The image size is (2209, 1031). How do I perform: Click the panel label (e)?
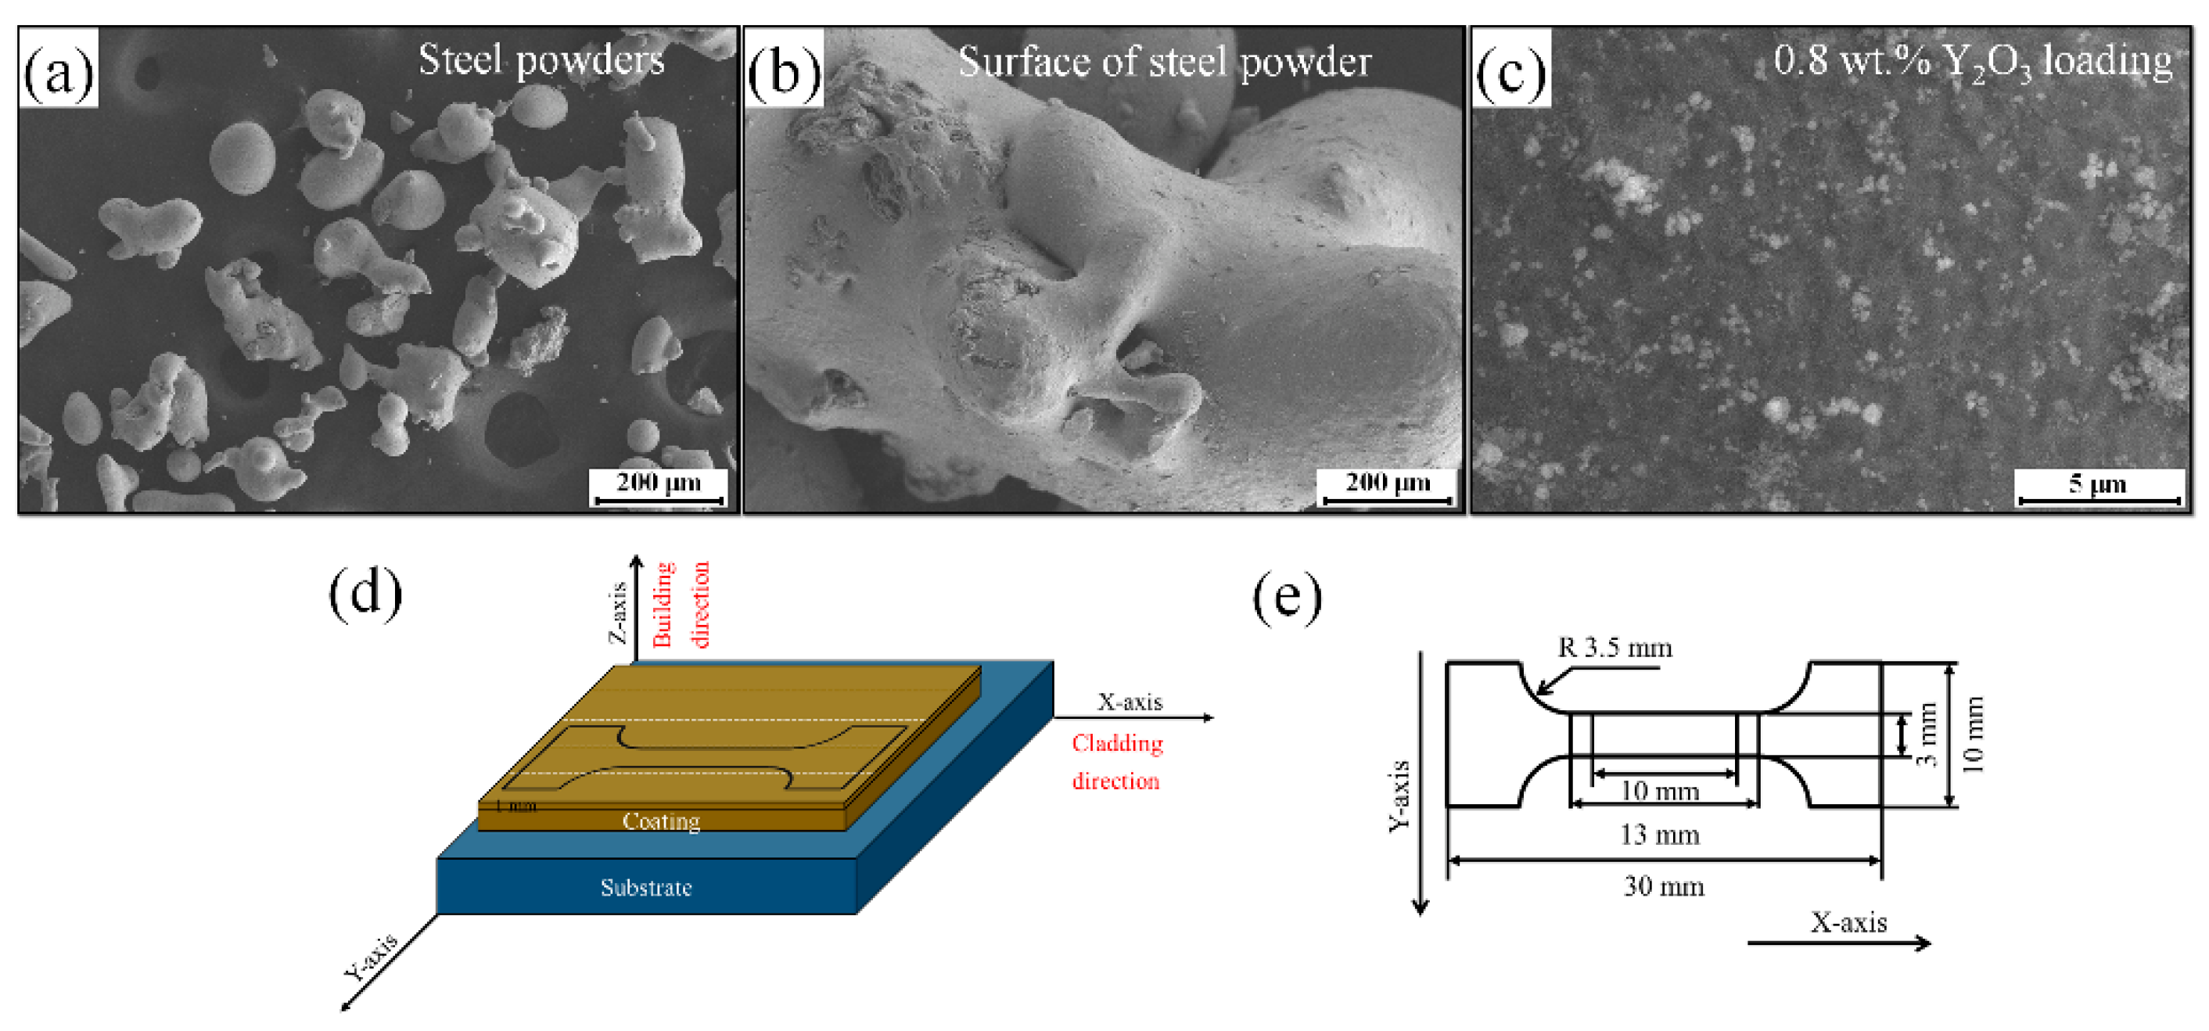coord(1288,596)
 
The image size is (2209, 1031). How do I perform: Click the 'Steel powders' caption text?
coord(541,60)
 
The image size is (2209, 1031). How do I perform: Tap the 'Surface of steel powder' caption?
coord(1164,62)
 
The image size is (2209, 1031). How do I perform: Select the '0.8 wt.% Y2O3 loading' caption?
coord(1971,62)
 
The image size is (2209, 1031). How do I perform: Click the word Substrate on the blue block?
coord(645,887)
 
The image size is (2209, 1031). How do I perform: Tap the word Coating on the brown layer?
coord(660,821)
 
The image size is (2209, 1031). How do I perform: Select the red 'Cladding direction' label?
coord(1116,762)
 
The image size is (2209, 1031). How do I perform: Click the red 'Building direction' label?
coord(681,604)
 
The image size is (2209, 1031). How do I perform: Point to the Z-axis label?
coord(617,612)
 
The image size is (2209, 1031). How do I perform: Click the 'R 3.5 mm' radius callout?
coord(1614,648)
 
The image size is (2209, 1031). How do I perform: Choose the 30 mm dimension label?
coord(1664,886)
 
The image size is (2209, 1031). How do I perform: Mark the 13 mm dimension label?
coord(1659,835)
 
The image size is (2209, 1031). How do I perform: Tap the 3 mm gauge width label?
coord(1926,735)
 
